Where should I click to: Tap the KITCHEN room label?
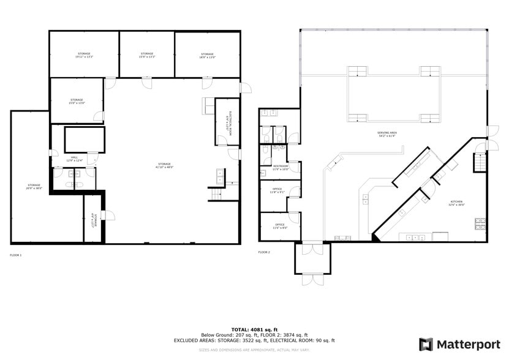click(457, 203)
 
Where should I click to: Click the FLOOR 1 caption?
click(16, 254)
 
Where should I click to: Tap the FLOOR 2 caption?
click(264, 252)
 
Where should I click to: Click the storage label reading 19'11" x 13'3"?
click(84, 55)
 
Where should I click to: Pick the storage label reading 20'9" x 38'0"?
click(34, 186)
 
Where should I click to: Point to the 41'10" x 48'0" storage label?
click(165, 165)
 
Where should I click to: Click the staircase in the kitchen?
click(480, 163)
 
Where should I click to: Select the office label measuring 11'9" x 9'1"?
click(277, 190)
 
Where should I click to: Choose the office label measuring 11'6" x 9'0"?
click(279, 226)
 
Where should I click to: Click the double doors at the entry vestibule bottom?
click(313, 279)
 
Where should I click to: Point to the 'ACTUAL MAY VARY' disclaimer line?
click(254, 350)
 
